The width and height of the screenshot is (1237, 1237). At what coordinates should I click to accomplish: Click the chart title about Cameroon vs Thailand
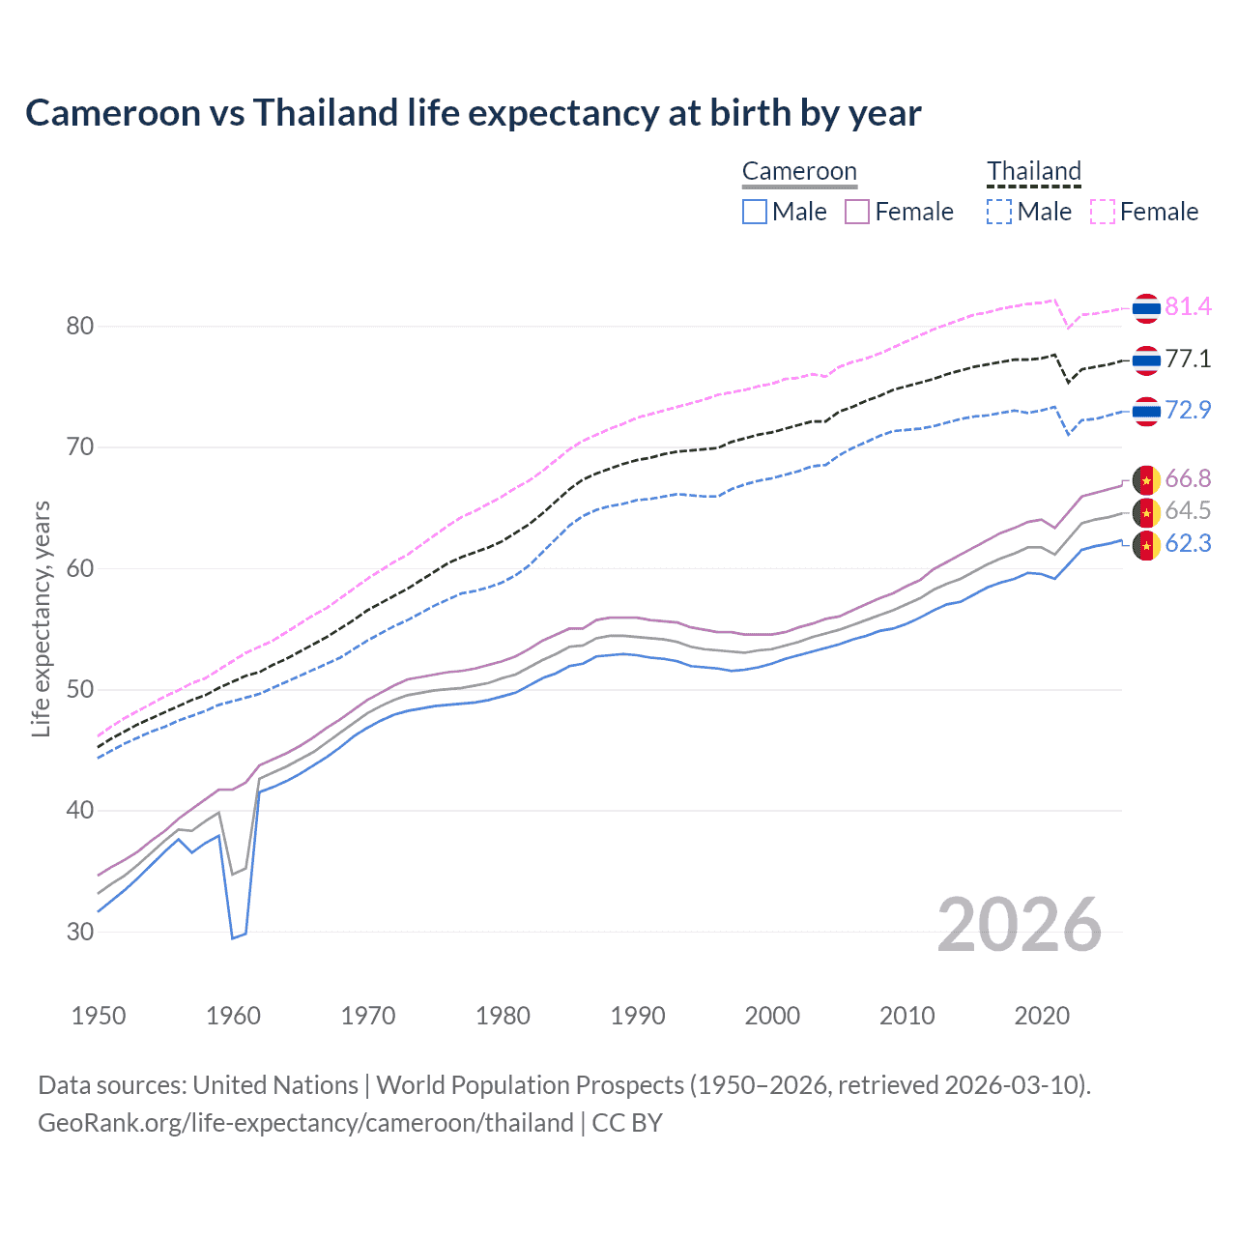coord(473,113)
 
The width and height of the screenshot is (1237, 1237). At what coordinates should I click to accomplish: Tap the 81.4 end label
coord(1188,307)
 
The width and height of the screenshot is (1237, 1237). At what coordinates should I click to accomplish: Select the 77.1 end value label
coord(1188,360)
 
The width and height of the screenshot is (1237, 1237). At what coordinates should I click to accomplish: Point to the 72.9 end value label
coord(1188,411)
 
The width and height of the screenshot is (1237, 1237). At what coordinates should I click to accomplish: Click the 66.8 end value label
coord(1188,479)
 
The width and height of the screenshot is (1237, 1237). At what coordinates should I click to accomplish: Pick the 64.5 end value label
coord(1188,511)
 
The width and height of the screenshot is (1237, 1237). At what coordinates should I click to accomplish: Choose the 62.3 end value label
coord(1188,544)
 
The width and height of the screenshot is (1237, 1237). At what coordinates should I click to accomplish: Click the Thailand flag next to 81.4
coord(1146,308)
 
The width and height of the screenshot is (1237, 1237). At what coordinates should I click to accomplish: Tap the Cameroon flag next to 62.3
coord(1146,545)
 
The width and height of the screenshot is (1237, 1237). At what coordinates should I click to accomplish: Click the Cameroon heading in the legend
coord(799,171)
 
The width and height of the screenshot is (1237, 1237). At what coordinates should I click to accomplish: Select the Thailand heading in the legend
coord(1033,171)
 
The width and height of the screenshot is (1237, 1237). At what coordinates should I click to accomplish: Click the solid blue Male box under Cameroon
coord(755,212)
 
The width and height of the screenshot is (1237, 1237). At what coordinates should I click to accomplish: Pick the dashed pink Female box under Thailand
coord(1103,212)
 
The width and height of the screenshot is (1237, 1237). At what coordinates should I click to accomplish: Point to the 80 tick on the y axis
coord(80,327)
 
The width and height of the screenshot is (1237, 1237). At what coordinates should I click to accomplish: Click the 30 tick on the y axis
coord(80,933)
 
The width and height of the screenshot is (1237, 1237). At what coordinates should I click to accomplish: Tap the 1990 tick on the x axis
coord(638,1016)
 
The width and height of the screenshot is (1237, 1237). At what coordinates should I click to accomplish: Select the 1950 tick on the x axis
coord(99,1016)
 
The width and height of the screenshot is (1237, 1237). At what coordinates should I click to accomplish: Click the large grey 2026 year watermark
coord(1019,926)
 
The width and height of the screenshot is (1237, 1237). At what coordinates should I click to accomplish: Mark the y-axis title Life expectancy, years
coord(41,618)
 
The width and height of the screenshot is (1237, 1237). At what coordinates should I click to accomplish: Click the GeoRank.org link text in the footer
coord(305,1123)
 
